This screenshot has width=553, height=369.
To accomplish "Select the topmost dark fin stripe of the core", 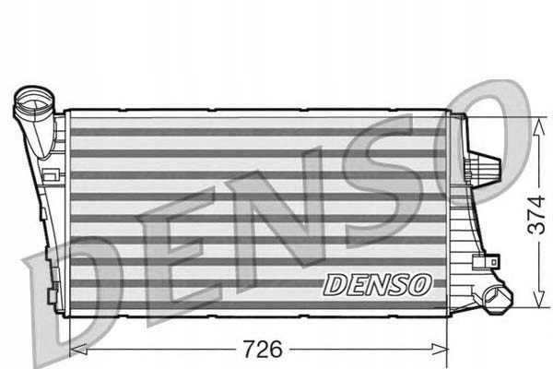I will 258,130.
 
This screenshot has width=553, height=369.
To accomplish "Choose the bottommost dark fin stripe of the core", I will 258,304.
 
